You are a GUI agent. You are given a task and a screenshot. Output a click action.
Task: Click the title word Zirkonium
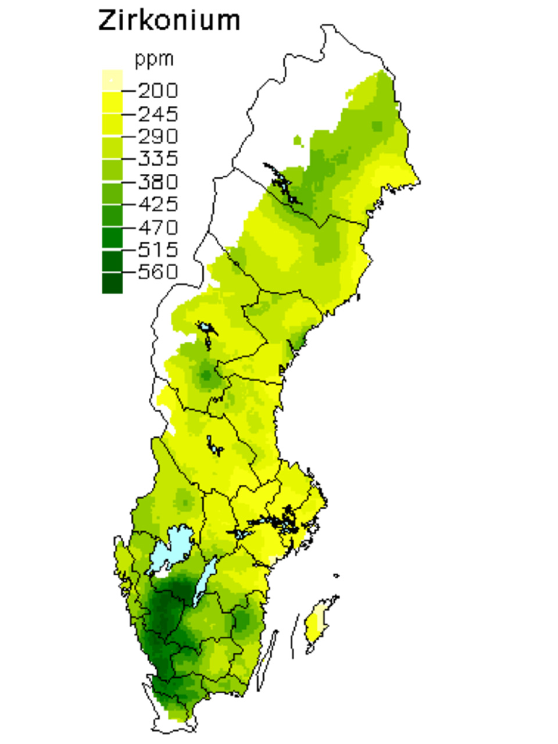pyautogui.click(x=169, y=21)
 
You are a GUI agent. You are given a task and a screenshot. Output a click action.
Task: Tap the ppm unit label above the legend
pyautogui.click(x=154, y=59)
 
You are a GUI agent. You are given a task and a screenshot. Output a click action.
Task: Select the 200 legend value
pyautogui.click(x=158, y=91)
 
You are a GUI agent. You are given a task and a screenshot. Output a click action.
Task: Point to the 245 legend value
pyautogui.click(x=158, y=113)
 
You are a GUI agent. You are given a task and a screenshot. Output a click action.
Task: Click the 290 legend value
pyautogui.click(x=158, y=136)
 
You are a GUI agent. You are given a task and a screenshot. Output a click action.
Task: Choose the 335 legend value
pyautogui.click(x=158, y=159)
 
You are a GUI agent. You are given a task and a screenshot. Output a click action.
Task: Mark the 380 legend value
pyautogui.click(x=158, y=181)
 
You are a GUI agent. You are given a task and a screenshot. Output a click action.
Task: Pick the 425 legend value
pyautogui.click(x=158, y=204)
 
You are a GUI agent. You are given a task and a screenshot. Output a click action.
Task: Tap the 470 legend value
pyautogui.click(x=158, y=227)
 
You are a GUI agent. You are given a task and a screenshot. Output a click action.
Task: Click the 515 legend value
pyautogui.click(x=158, y=249)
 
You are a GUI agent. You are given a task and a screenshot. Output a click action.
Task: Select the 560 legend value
pyautogui.click(x=158, y=272)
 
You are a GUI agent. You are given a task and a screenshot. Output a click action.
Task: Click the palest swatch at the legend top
pyautogui.click(x=112, y=80)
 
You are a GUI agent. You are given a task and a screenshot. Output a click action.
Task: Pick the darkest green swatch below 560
pyautogui.click(x=112, y=284)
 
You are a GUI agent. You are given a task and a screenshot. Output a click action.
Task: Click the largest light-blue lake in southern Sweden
pyautogui.click(x=170, y=549)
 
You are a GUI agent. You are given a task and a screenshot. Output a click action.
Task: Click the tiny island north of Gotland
pyautogui.click(x=337, y=576)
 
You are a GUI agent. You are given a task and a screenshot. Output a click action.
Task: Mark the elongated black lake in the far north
pyautogui.click(x=282, y=183)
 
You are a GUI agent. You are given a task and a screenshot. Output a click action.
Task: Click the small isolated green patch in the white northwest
pyautogui.click(x=298, y=140)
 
